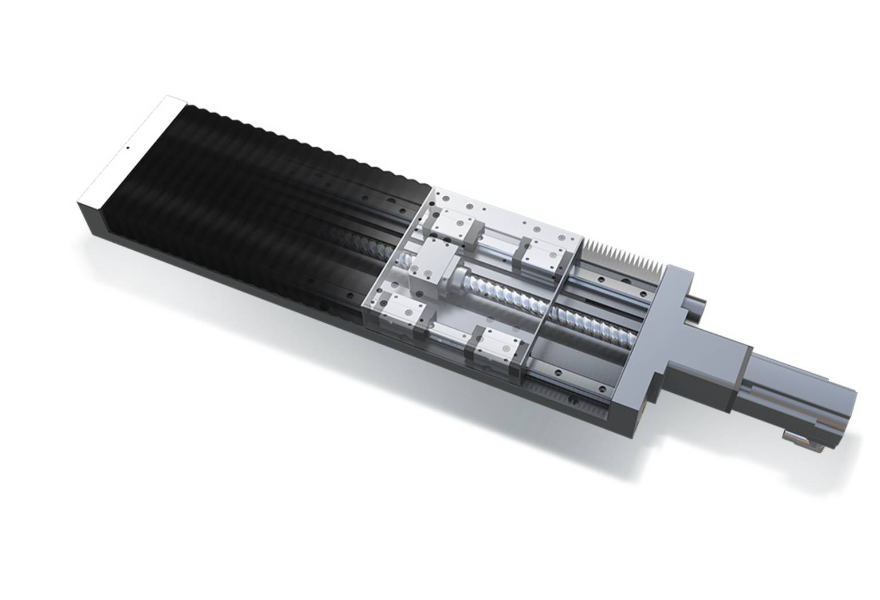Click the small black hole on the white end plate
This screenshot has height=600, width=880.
[x=127, y=148]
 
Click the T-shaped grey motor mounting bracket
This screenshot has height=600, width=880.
[x=659, y=338]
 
